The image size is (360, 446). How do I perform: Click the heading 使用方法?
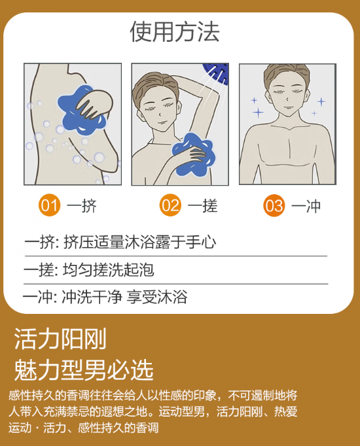(175, 32)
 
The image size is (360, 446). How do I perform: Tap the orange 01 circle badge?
(50, 205)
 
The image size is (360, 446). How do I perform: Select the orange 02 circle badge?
(170, 205)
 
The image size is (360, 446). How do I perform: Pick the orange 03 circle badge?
(274, 205)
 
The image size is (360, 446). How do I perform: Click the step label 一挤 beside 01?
(82, 205)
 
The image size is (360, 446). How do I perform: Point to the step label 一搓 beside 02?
(203, 205)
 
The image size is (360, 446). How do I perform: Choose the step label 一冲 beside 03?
(306, 206)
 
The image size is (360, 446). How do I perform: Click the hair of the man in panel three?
(287, 75)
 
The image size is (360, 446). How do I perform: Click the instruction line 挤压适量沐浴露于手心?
(139, 243)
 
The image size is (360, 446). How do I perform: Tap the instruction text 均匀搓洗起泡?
(109, 269)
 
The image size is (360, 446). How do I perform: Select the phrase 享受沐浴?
(157, 297)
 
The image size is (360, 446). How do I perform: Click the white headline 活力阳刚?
(60, 339)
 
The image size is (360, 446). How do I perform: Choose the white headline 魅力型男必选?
(84, 369)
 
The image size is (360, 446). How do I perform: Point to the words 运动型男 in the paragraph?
(181, 411)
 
